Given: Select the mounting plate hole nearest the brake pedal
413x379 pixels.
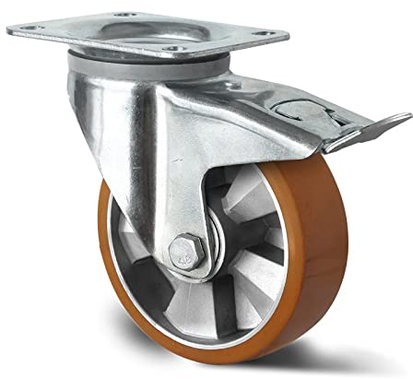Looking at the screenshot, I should point(262,34).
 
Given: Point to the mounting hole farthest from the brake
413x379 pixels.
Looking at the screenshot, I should point(28,29).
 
